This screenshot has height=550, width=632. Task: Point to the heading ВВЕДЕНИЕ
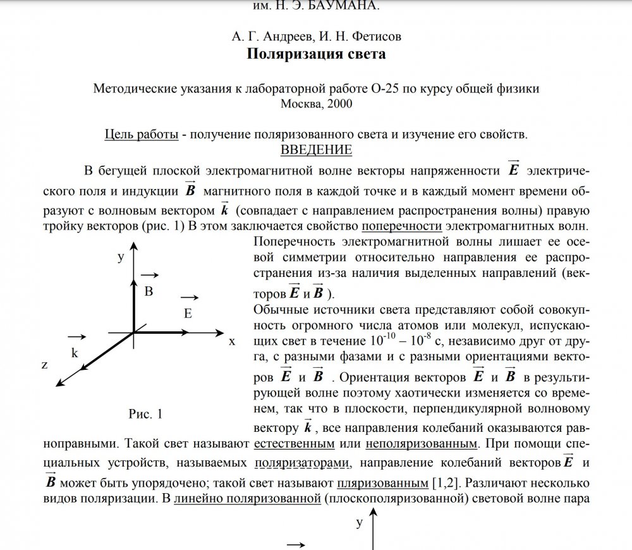(315, 150)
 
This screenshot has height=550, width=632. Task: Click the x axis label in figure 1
(232, 341)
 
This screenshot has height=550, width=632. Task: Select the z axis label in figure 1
(44, 365)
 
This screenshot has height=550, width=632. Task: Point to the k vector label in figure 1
(75, 353)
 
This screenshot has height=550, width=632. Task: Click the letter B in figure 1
(149, 291)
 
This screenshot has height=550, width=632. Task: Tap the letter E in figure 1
(188, 313)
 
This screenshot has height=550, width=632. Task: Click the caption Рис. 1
(145, 415)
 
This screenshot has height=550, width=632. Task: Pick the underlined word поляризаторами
(301, 464)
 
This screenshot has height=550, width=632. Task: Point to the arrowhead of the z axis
(58, 382)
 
